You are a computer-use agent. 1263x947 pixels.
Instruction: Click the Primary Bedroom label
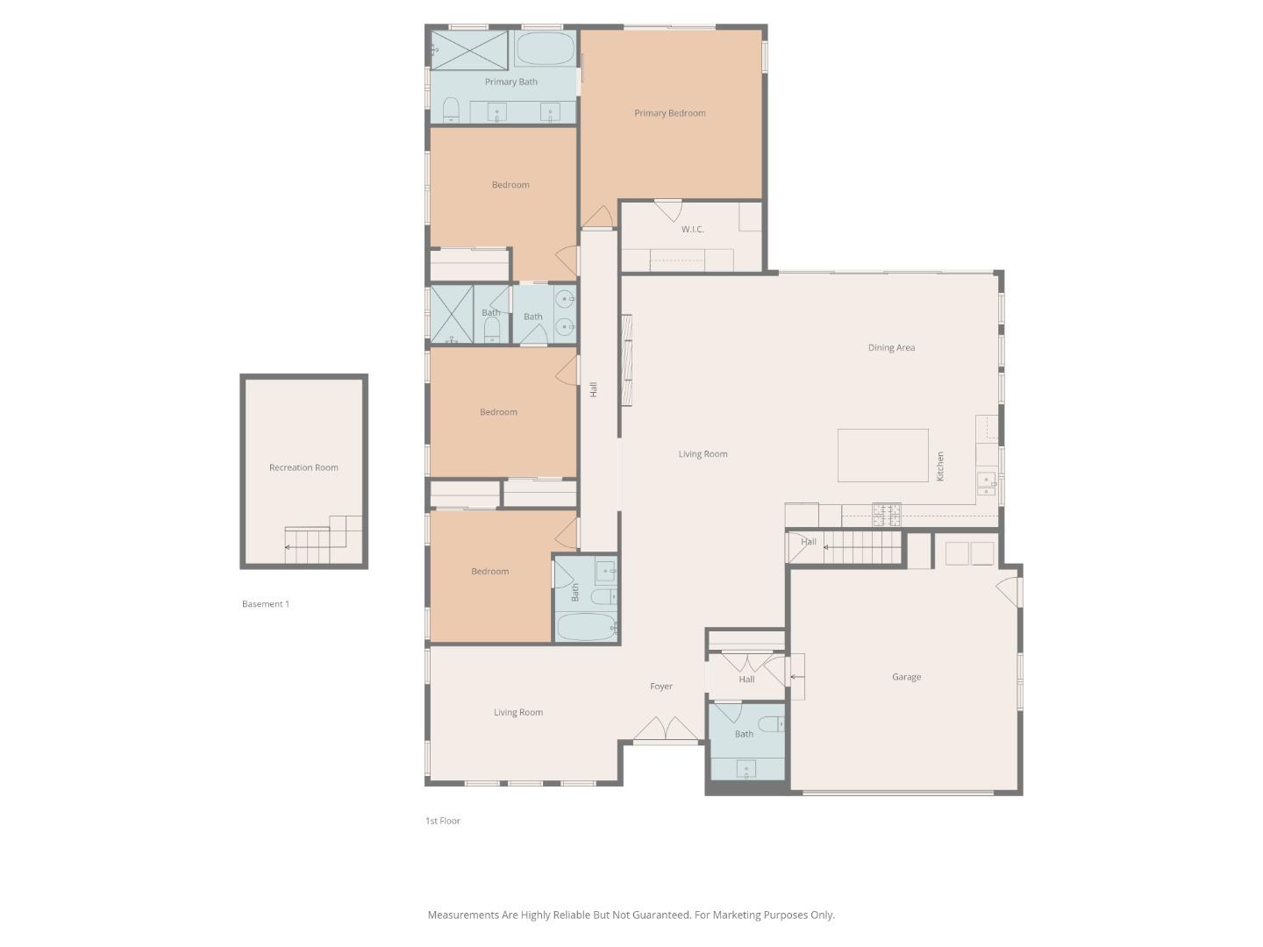click(x=669, y=113)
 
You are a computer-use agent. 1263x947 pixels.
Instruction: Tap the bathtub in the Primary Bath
click(x=544, y=49)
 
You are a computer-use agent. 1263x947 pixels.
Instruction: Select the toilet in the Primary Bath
click(x=452, y=110)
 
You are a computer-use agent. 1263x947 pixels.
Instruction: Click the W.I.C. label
click(x=692, y=230)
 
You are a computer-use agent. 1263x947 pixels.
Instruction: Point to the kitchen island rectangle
click(x=882, y=455)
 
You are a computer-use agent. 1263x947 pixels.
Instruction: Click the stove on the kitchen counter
click(x=886, y=514)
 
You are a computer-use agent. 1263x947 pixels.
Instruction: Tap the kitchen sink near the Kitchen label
click(x=987, y=484)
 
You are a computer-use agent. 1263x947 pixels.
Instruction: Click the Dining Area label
click(x=891, y=348)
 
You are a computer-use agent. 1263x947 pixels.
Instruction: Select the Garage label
click(x=906, y=677)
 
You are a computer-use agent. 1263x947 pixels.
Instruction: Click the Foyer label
click(x=660, y=687)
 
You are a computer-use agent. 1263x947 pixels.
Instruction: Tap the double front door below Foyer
click(x=667, y=730)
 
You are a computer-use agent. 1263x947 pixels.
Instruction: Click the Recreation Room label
click(x=303, y=467)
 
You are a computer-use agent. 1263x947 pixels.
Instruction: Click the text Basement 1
click(x=265, y=604)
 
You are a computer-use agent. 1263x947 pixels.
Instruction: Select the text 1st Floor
click(x=442, y=821)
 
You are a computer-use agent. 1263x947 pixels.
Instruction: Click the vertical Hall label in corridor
click(x=594, y=389)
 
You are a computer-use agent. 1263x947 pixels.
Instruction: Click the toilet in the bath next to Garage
click(x=771, y=724)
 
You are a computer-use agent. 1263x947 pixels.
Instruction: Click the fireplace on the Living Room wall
click(x=626, y=360)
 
